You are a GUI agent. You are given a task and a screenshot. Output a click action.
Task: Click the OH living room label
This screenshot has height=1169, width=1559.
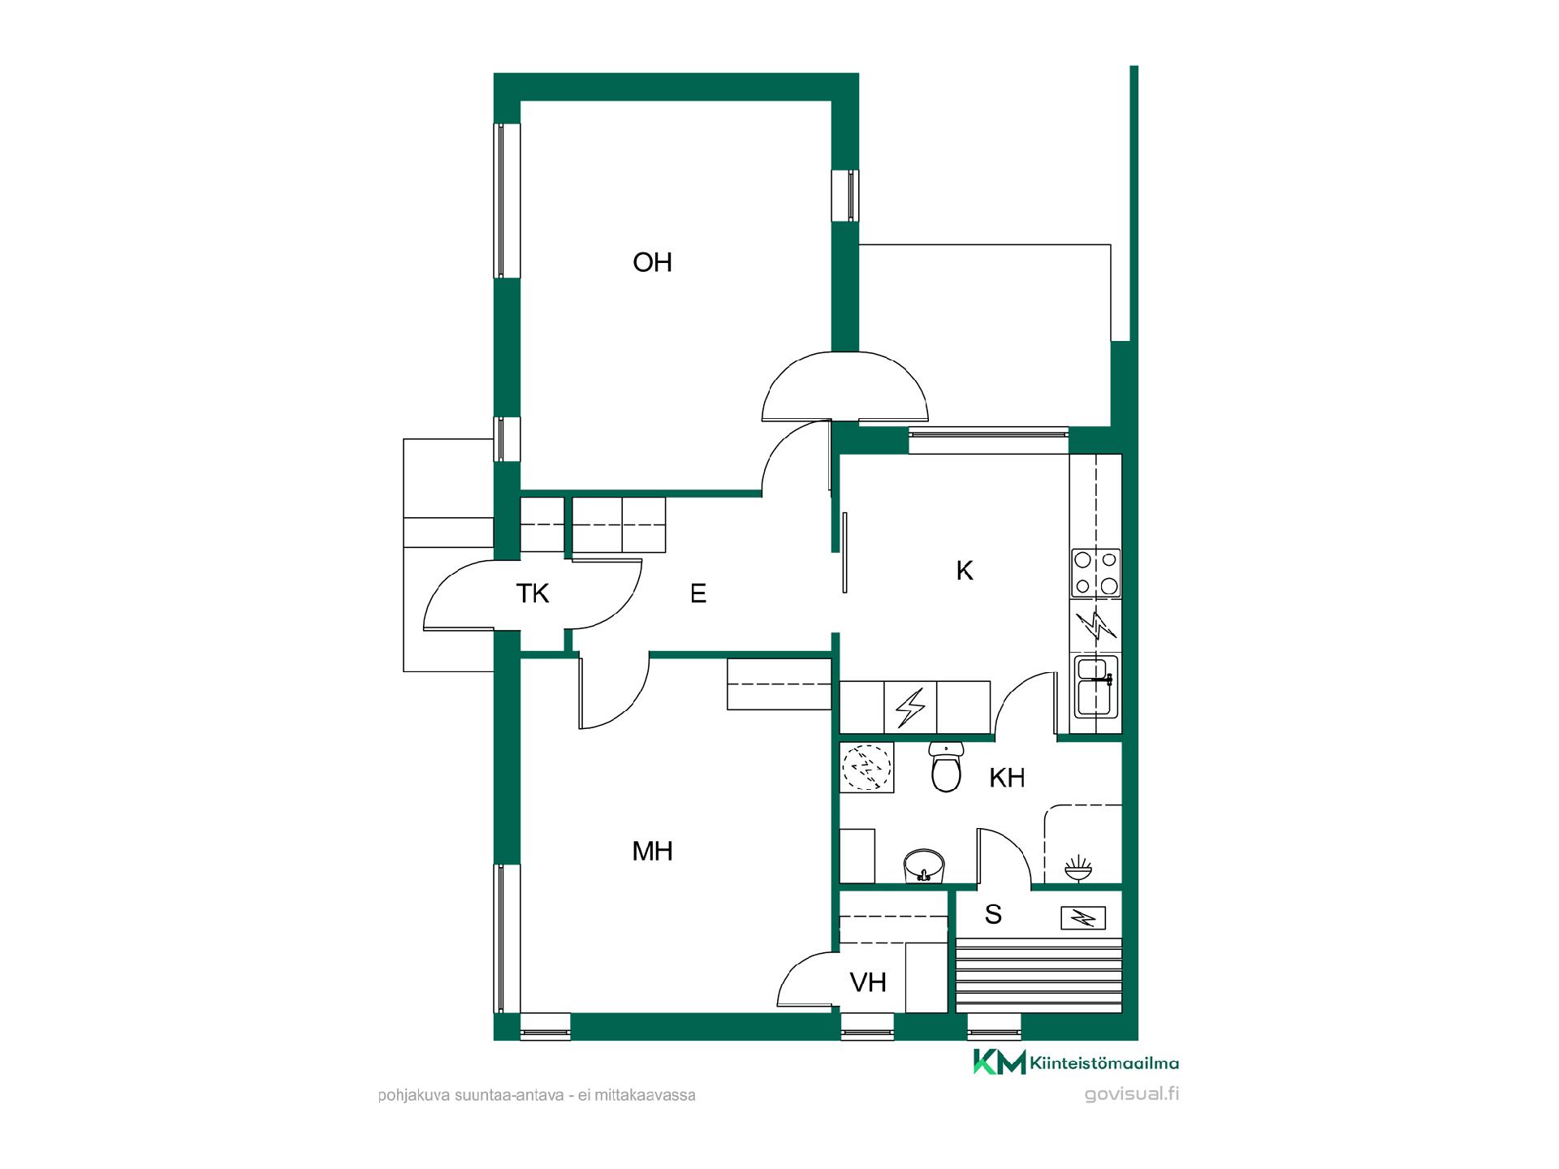point(652,262)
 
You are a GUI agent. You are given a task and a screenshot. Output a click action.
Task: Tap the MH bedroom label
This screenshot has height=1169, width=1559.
point(652,851)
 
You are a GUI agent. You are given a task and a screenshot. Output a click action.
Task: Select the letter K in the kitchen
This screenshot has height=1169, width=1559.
point(965,571)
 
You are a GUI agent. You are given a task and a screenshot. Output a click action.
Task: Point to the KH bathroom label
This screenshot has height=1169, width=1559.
point(1007,778)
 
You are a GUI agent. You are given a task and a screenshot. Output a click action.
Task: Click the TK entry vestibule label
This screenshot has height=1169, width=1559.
point(533,593)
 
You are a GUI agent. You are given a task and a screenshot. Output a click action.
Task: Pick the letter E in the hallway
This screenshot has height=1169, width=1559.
point(698,593)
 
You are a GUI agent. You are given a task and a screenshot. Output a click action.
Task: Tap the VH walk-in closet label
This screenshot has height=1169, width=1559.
point(868,983)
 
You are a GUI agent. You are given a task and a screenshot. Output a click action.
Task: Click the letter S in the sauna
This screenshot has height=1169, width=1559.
point(993,915)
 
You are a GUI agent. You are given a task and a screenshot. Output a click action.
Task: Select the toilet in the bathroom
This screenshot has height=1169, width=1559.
point(945,766)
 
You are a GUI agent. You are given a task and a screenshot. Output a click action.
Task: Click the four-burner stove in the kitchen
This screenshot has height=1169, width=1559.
point(1096,573)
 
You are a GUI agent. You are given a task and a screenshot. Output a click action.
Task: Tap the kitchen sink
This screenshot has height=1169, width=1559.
point(1096,687)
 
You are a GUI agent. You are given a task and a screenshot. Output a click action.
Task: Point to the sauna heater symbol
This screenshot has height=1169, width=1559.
point(1083,918)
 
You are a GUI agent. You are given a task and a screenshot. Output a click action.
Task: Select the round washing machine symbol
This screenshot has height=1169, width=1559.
point(866,766)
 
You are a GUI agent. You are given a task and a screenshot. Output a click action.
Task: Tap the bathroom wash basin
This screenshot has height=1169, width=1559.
point(925,865)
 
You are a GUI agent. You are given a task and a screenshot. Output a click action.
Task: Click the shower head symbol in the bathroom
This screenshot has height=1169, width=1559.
point(1080,867)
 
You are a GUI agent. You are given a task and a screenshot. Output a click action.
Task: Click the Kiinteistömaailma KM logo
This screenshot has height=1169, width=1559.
point(1076,1063)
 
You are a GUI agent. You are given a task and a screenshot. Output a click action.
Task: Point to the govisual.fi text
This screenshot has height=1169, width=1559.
point(1132,1094)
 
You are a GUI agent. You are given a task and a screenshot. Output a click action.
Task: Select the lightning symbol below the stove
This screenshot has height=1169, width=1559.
point(1096,626)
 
